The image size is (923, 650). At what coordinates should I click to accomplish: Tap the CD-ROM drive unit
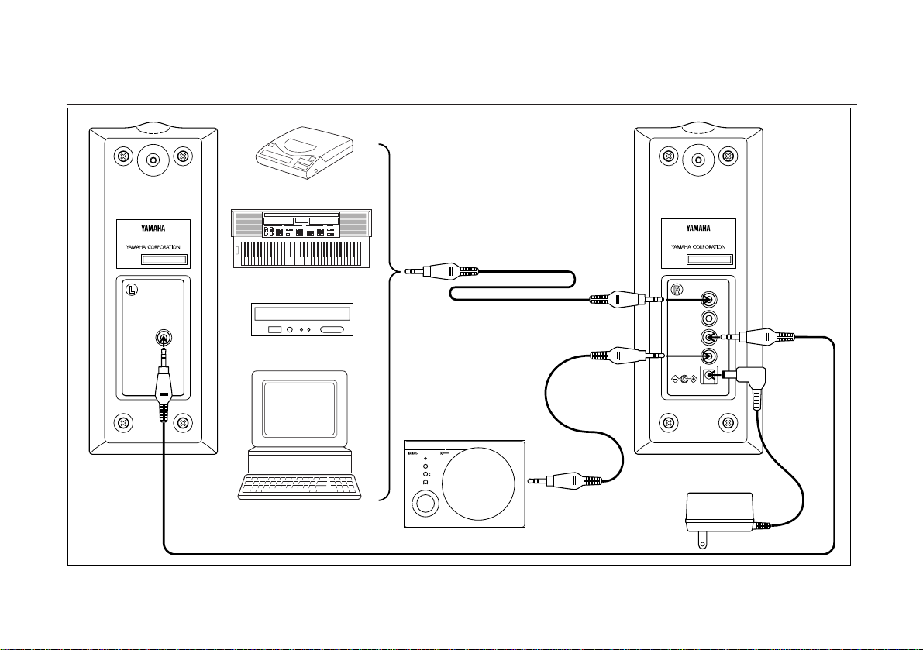(x=302, y=319)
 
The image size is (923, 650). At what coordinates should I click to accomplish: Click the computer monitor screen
(x=299, y=407)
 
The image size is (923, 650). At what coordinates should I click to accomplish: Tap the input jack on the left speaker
(x=164, y=337)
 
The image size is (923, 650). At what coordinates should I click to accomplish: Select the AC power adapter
(x=718, y=514)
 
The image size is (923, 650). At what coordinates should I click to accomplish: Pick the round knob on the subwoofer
(x=425, y=504)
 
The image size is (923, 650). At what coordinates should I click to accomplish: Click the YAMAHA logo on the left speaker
(x=153, y=228)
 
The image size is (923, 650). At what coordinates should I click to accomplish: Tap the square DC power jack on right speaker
(x=707, y=376)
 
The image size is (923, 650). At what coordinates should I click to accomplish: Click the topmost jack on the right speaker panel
(x=707, y=300)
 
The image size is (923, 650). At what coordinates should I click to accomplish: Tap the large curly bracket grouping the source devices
(x=388, y=322)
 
